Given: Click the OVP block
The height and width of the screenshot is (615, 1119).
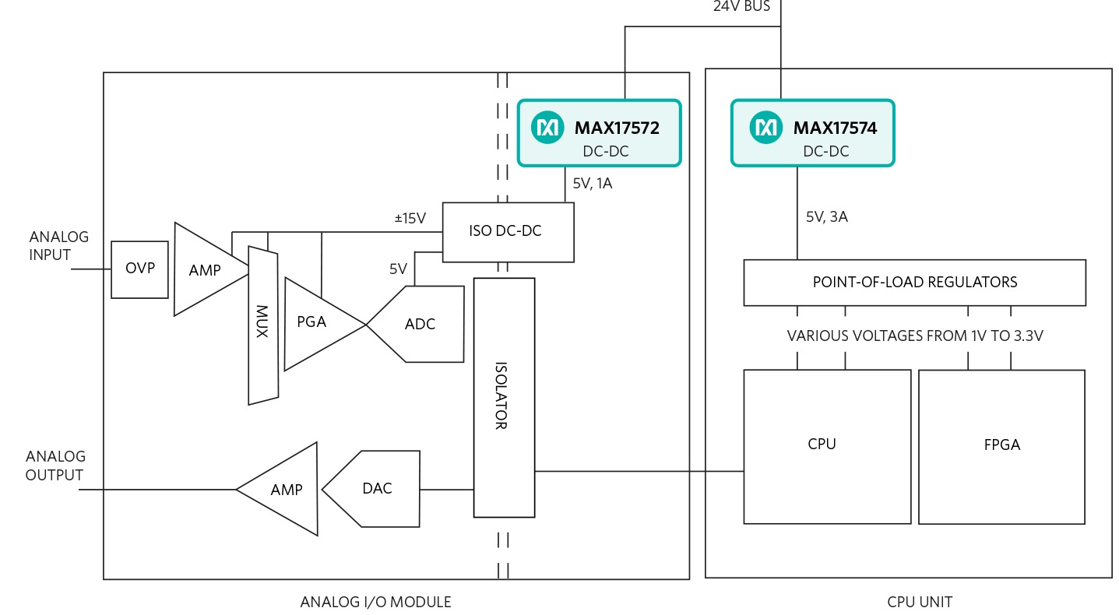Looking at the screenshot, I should click(x=139, y=269).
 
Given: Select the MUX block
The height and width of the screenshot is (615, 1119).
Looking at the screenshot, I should click(x=262, y=325).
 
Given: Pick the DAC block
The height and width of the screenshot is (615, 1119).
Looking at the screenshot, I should click(x=376, y=489).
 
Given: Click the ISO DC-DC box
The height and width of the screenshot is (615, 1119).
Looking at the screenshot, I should click(x=508, y=232).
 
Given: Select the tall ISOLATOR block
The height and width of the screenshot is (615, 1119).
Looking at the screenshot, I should click(x=504, y=397).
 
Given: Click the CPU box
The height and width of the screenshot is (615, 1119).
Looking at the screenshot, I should click(x=826, y=445).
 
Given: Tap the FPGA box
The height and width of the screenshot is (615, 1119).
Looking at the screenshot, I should click(x=1001, y=445).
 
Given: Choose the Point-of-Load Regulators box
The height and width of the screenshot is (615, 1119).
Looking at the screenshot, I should click(x=914, y=282).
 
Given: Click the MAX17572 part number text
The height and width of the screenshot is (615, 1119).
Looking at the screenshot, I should click(x=617, y=128).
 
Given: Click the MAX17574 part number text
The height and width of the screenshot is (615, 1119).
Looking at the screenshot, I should click(x=835, y=128).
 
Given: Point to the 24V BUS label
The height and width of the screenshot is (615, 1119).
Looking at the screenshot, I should click(x=741, y=7).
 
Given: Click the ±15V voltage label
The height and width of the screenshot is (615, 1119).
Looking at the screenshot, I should click(x=410, y=219).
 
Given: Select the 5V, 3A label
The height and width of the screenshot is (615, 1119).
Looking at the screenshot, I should click(x=826, y=217).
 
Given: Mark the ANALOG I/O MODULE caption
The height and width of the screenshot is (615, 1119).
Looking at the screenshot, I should click(x=375, y=602).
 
